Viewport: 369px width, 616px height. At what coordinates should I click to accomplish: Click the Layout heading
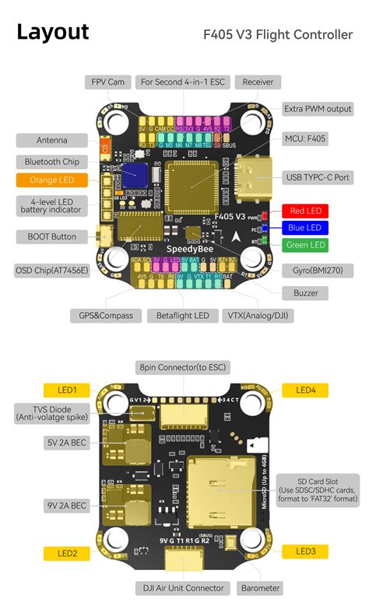(53, 33)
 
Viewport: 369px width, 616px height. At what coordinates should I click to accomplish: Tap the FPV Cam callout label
(108, 82)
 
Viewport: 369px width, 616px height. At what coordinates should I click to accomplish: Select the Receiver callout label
(258, 82)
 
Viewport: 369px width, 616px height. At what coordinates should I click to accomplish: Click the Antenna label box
(51, 141)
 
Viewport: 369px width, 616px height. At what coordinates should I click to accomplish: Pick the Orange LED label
(51, 180)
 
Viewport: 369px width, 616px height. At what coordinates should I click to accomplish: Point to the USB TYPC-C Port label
(318, 177)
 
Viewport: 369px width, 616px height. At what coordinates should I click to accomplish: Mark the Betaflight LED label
(184, 316)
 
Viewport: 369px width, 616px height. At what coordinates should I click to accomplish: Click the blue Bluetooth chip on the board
(135, 174)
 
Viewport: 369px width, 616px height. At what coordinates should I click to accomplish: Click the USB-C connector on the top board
(251, 178)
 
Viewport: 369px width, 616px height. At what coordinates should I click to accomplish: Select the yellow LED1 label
(67, 390)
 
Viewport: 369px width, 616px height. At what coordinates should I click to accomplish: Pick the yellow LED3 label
(305, 551)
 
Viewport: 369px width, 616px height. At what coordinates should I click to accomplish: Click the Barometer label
(260, 588)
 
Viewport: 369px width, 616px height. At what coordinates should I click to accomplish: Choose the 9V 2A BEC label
(66, 506)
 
